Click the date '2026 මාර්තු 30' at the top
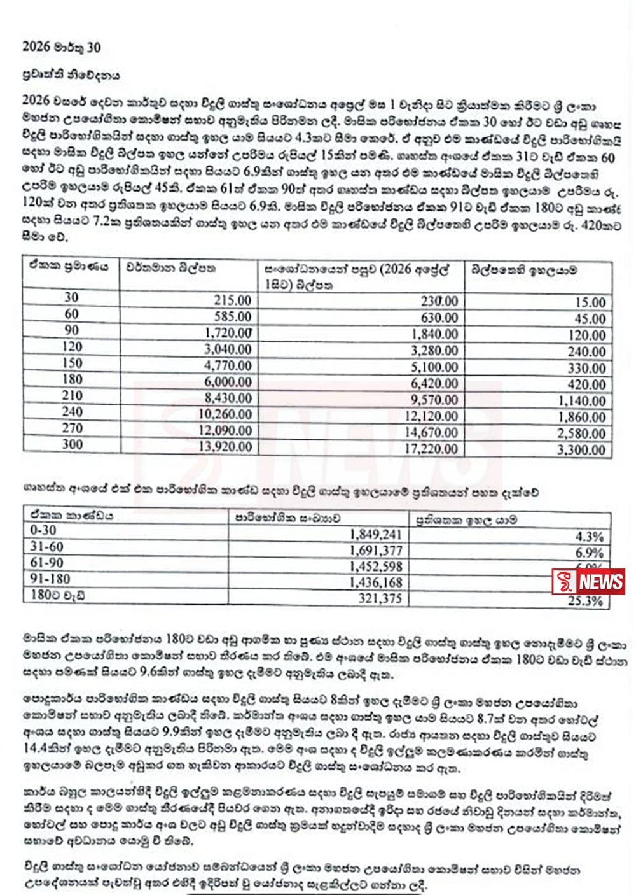[x=61, y=47]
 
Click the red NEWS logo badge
[x=588, y=581]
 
